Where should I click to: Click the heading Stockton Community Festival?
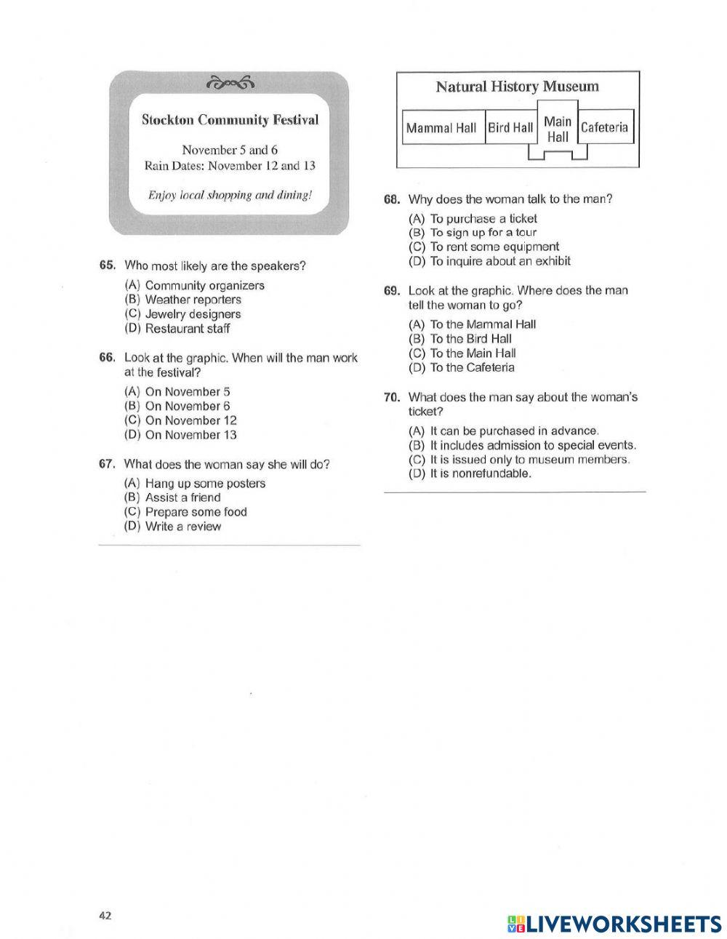230,120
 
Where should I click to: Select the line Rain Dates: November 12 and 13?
230,166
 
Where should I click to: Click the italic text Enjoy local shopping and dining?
230,195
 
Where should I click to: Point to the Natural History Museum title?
517,87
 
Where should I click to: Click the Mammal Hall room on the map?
441,128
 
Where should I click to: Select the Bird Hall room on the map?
510,128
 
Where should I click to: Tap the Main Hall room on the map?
558,129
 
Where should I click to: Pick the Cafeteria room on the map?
604,127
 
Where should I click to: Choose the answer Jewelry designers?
193,314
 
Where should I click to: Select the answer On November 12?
190,420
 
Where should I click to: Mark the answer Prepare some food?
196,512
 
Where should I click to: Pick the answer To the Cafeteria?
472,367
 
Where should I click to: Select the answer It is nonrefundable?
481,474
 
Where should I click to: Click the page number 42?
105,916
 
